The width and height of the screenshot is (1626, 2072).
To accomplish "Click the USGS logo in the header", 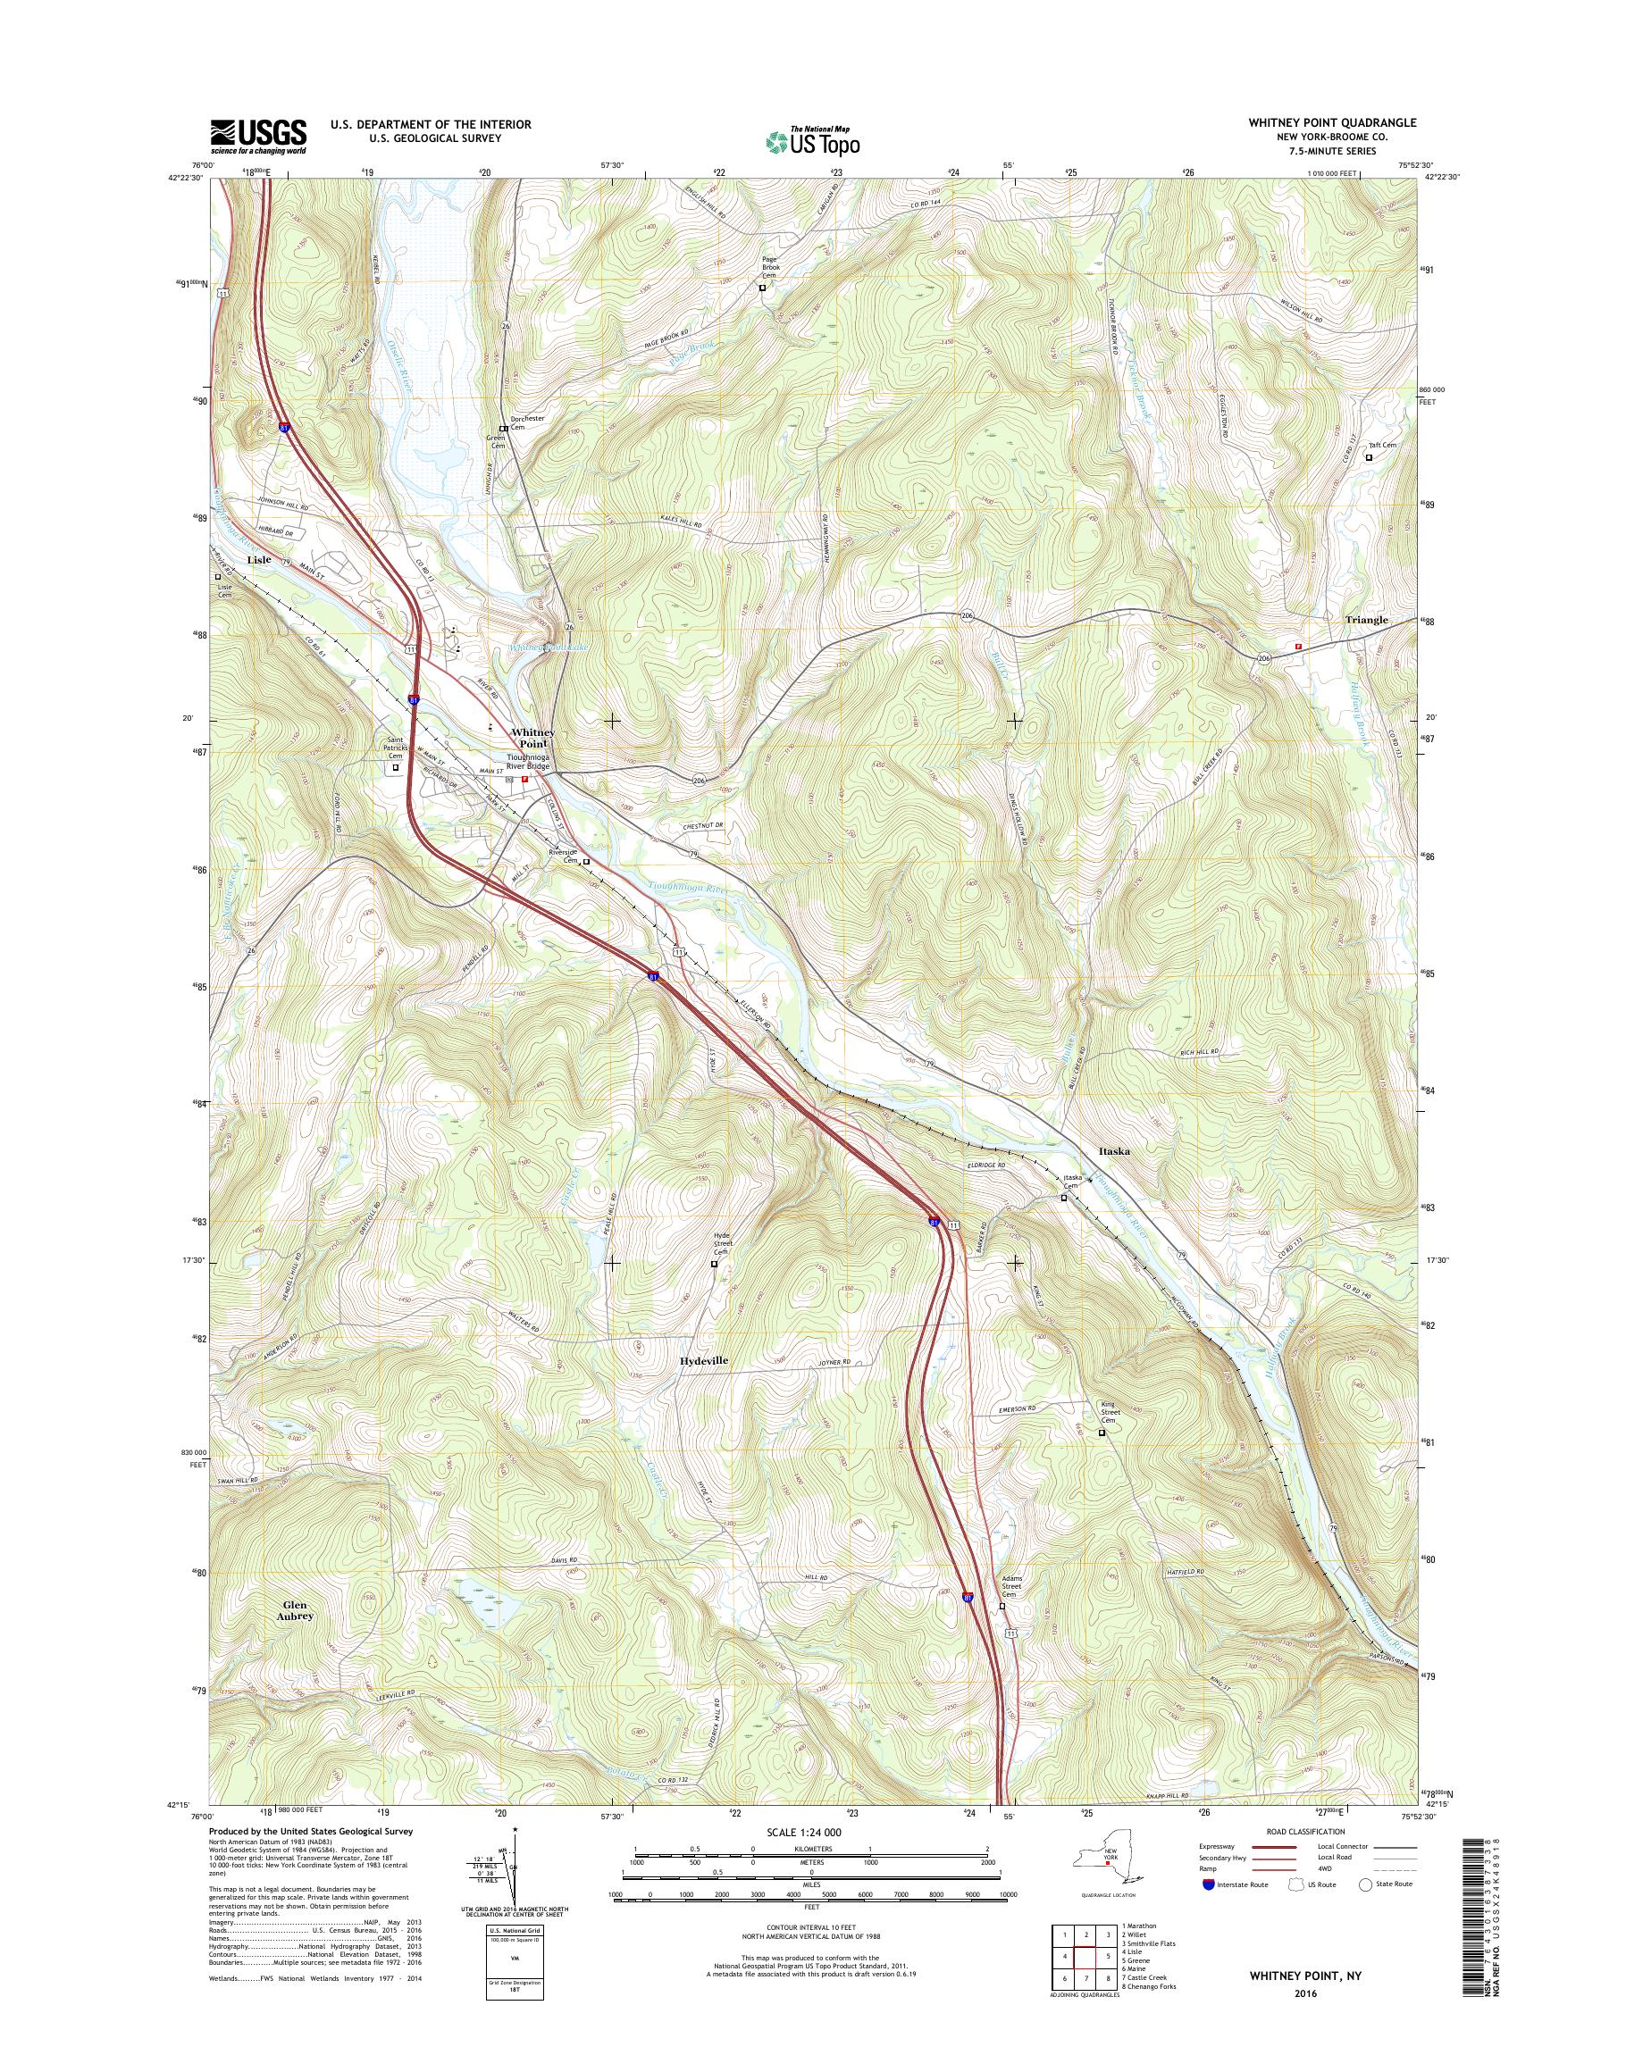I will tap(258, 136).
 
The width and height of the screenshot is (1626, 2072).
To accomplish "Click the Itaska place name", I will tap(1114, 1150).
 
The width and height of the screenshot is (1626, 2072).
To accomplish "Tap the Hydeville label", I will tap(705, 1361).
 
